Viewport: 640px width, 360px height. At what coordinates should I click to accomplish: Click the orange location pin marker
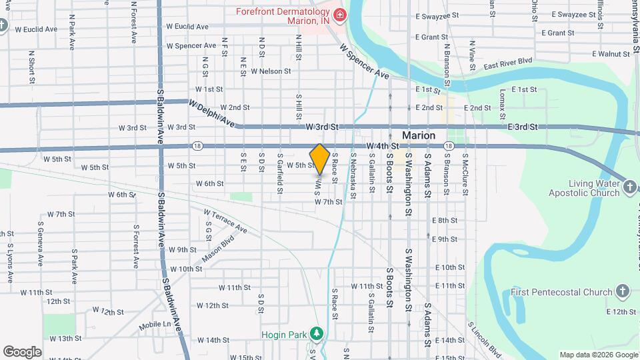point(319,159)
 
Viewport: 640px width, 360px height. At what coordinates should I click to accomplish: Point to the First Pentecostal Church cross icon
point(621,291)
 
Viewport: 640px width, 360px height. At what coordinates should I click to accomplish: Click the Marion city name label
point(419,135)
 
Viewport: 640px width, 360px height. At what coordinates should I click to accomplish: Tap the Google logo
point(22,352)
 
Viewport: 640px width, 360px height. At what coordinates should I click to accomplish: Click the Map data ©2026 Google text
point(598,355)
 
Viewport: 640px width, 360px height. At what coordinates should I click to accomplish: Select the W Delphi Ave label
point(212,113)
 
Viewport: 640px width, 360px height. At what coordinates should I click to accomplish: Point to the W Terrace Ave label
point(225,221)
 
